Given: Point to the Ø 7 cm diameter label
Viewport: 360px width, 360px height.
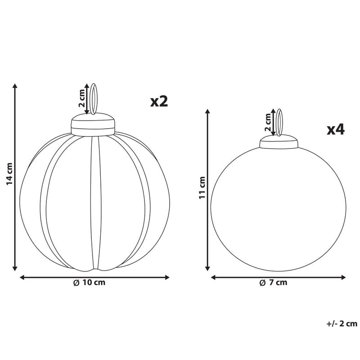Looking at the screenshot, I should point(273,283).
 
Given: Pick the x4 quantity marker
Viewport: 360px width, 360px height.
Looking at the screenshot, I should point(335,130).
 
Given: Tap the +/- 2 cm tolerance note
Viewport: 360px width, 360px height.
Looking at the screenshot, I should point(342,323).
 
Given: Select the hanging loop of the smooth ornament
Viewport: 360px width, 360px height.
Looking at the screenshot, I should point(279,122).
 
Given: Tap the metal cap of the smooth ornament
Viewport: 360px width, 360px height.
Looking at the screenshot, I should point(279,143).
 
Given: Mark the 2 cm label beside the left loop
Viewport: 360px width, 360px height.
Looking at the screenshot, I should point(81,99).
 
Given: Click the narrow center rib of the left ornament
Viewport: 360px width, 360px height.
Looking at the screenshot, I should point(94,202).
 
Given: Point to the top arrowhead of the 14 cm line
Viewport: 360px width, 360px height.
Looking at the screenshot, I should point(15,86).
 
